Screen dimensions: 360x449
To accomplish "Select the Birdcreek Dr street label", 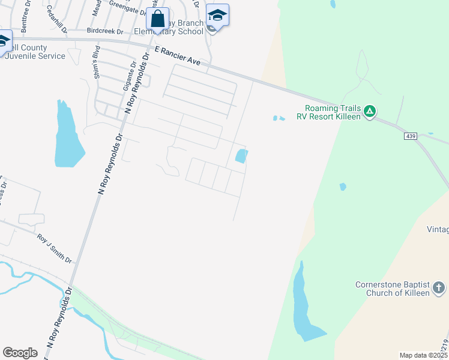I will [104, 31].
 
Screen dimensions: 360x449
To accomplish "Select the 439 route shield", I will [410, 137].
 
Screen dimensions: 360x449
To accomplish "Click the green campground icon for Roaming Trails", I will [370, 111].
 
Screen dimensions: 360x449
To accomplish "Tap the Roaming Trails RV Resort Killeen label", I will [328, 112].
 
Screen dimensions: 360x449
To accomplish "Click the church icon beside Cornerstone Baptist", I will [439, 288].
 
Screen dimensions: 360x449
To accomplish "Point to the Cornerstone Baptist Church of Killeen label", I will [393, 289].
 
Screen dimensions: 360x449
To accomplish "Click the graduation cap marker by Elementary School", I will [217, 16].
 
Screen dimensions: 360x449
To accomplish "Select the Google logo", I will [20, 353].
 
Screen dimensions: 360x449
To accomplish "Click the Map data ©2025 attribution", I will [423, 355].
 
